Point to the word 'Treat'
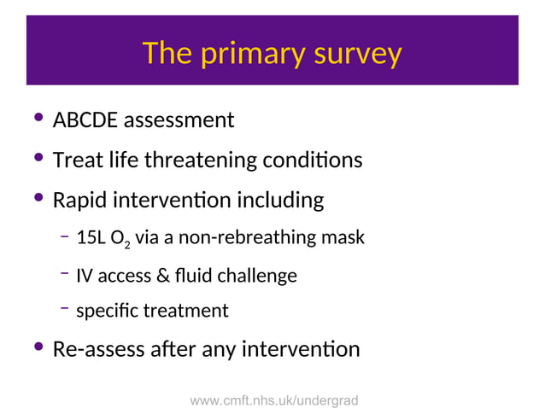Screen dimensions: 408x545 [x=74, y=160]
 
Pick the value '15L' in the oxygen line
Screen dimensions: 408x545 [x=90, y=238]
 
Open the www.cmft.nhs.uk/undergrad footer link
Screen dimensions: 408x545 [x=273, y=399]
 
